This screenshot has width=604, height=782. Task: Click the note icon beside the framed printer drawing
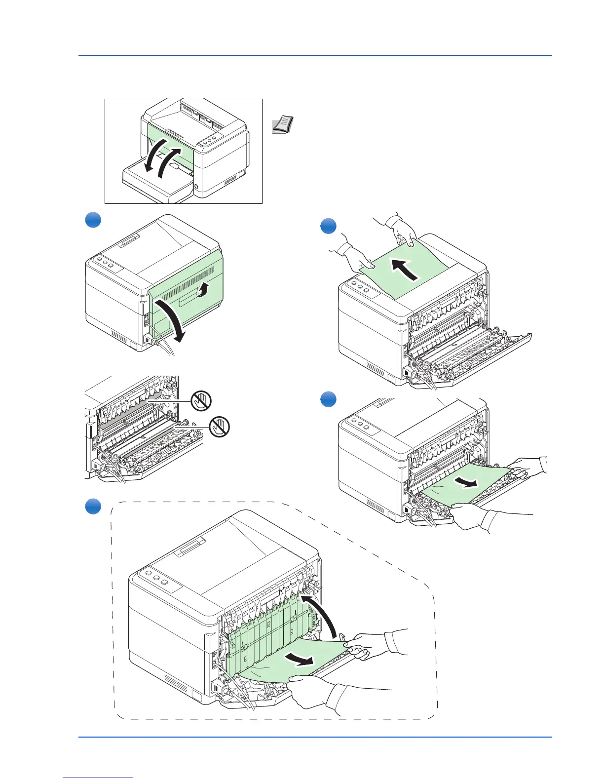(x=283, y=125)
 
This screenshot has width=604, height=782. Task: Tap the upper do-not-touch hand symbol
(x=201, y=400)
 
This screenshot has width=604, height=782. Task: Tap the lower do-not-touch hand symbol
(x=220, y=426)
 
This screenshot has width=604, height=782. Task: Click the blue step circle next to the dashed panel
(x=93, y=507)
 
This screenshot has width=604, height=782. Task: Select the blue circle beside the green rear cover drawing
(x=93, y=220)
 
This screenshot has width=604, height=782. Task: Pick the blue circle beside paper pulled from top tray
(x=328, y=227)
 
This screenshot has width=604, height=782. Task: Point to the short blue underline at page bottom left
(x=98, y=778)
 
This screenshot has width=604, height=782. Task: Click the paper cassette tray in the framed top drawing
(x=155, y=185)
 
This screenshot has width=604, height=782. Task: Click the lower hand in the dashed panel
(x=316, y=691)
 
